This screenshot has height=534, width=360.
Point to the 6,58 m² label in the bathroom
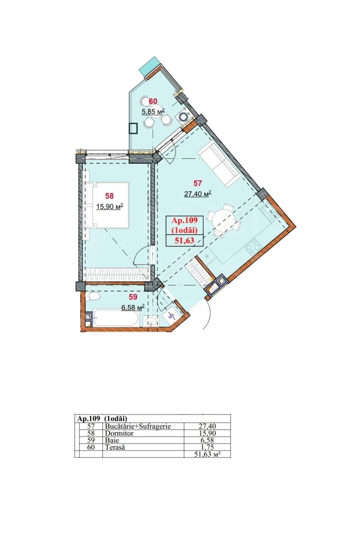[133, 307]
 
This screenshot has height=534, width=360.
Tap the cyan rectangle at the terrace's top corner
[150, 67]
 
